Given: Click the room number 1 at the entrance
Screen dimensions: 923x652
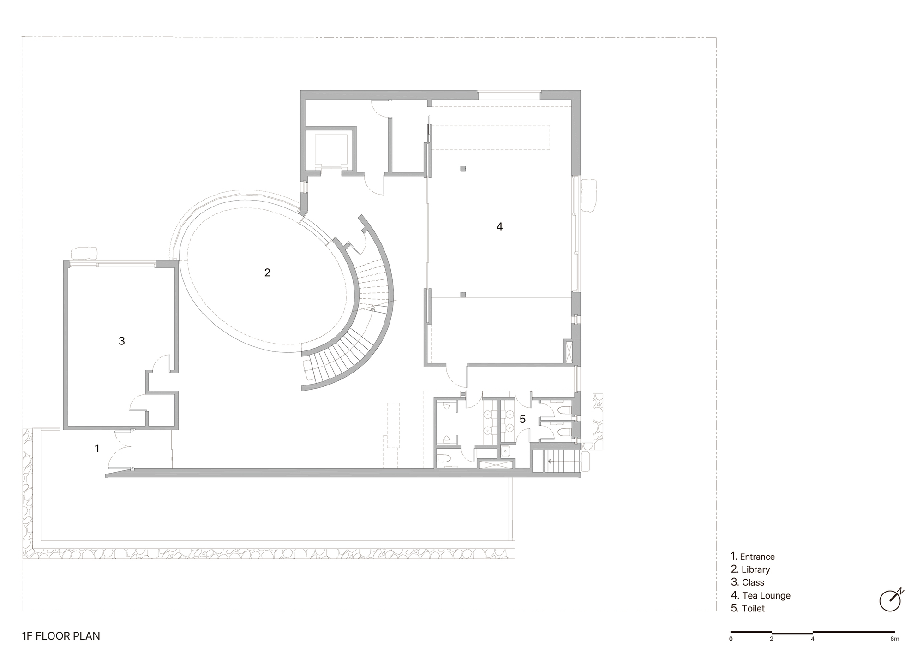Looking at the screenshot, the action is click(97, 448).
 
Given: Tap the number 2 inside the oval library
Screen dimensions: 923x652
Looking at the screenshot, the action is click(267, 273).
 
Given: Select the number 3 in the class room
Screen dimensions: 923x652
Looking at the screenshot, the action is click(122, 341).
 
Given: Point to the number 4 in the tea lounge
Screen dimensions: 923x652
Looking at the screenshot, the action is click(499, 226).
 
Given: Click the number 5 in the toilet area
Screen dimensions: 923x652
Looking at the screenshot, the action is click(522, 419).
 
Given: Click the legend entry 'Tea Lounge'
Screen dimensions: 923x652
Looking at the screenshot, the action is click(766, 596).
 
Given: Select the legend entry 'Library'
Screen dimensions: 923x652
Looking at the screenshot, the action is click(756, 570).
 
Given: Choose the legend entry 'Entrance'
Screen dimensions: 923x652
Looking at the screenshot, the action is click(757, 557).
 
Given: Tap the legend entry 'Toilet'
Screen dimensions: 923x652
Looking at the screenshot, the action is click(753, 609).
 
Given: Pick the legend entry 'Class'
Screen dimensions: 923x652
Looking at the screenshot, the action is click(753, 583).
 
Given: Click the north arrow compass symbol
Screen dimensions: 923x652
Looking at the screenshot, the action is click(891, 600).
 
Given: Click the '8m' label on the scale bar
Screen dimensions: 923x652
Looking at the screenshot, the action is click(894, 639).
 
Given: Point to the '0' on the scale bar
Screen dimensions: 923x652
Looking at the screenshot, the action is click(731, 639).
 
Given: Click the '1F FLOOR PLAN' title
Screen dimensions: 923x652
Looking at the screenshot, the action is click(61, 636).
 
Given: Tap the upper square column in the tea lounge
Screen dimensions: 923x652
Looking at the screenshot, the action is click(463, 169).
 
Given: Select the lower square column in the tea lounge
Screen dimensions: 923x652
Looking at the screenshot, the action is click(463, 295).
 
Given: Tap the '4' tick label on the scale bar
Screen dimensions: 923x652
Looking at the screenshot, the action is click(812, 639).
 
